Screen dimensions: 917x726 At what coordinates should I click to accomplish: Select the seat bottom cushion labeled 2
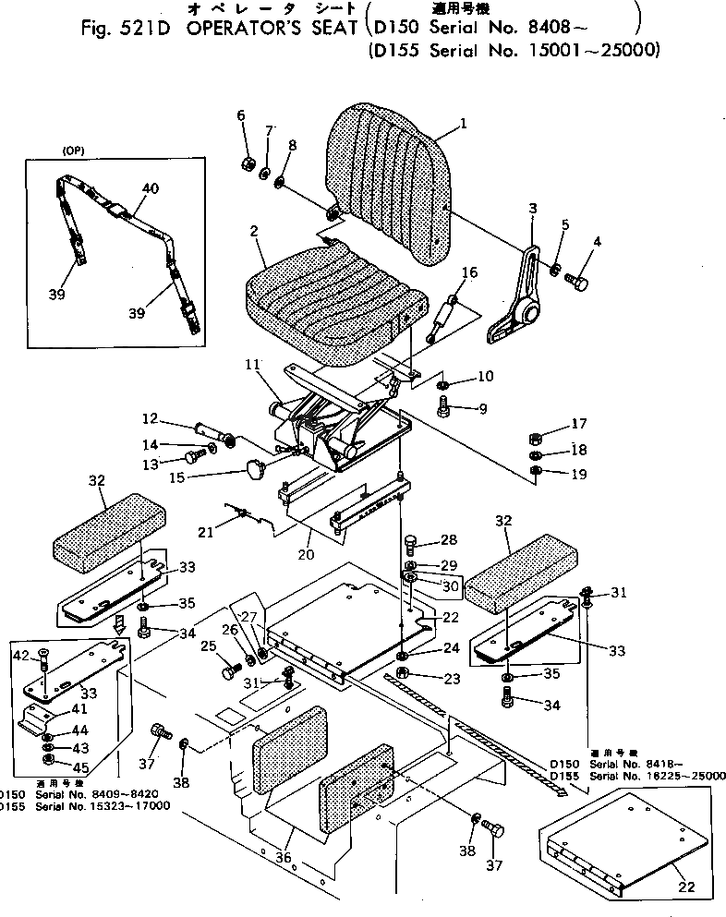click(328, 300)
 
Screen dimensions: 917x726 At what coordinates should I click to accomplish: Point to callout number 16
click(469, 272)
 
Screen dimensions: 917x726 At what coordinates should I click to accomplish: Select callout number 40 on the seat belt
click(151, 188)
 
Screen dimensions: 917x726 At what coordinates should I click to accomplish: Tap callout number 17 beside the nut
click(578, 425)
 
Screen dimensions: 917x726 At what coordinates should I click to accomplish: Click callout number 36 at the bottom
click(283, 858)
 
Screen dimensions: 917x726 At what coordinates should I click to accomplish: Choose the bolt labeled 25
click(229, 672)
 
